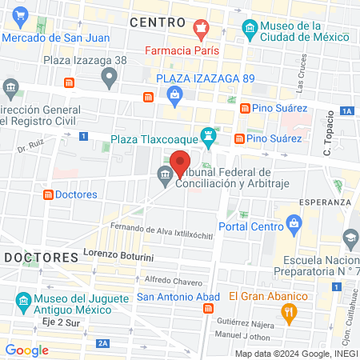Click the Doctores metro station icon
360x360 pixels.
tap(49, 194)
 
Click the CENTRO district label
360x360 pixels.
tap(158, 22)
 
